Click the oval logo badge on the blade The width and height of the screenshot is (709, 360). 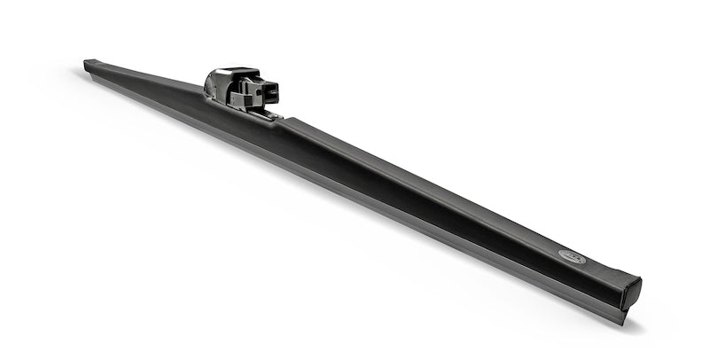[572, 257]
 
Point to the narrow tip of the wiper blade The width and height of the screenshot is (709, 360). [90, 65]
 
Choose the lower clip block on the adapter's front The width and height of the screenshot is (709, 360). [252, 100]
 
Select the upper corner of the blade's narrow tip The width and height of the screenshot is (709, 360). [88, 60]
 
